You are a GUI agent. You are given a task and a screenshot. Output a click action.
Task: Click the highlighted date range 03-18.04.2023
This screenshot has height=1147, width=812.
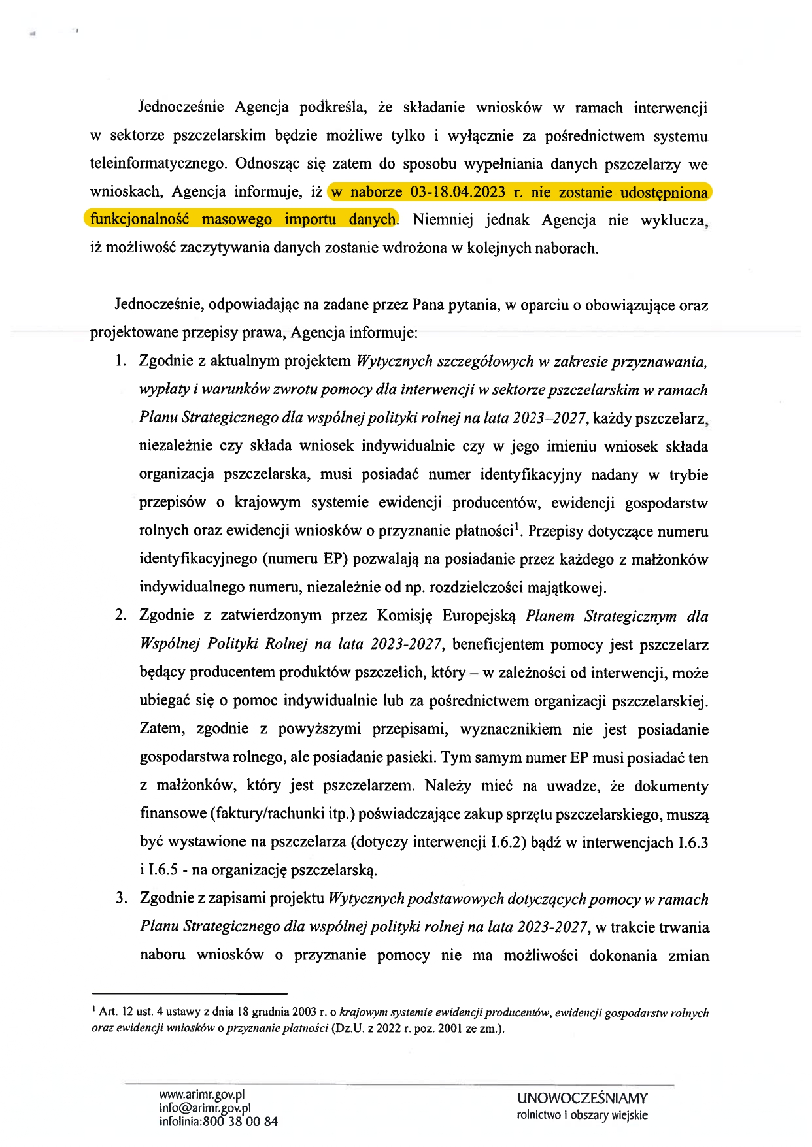pos(458,192)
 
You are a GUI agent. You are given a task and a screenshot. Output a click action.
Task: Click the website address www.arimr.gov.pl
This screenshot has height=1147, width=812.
pos(201,1094)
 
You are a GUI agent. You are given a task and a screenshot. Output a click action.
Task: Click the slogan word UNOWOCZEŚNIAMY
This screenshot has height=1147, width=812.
pos(582,1099)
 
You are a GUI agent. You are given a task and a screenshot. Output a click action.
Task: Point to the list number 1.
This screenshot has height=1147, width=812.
pos(120,361)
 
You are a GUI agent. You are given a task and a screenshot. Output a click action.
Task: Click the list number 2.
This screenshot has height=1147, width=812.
pos(120,615)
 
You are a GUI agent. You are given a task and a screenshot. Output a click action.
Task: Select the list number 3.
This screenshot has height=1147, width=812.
pos(121,898)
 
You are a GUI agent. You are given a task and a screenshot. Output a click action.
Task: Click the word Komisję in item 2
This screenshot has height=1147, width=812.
pos(405,616)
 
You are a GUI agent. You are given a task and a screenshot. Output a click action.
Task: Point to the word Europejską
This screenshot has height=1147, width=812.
pos(479,616)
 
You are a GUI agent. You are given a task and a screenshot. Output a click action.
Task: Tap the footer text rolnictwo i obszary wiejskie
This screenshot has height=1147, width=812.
pos(582,1115)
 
